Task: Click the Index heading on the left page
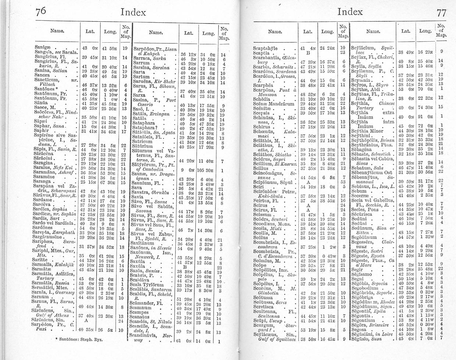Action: [133, 12]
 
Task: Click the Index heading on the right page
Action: [350, 12]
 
